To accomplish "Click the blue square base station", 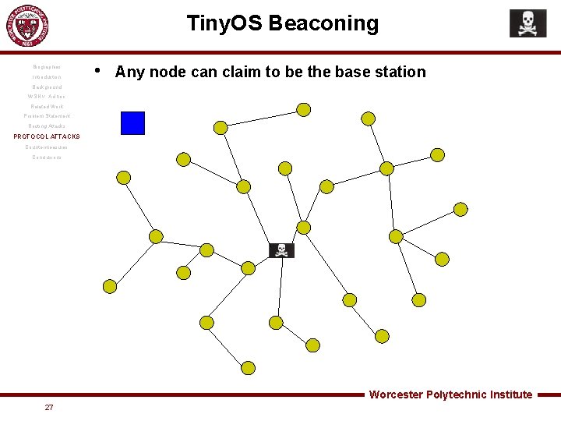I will (x=132, y=123).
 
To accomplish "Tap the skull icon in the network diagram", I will (x=281, y=250).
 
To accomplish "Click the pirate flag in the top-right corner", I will (x=527, y=23).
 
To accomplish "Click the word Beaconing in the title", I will (x=323, y=23).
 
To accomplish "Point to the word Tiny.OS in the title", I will (x=224, y=23).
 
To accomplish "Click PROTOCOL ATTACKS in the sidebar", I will (x=47, y=136).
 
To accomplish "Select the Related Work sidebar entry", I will (x=47, y=106).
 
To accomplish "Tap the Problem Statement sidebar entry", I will (x=47, y=116).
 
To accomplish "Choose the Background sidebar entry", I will (x=47, y=87).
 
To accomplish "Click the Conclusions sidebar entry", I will (x=47, y=157).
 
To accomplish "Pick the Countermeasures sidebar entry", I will (x=47, y=147).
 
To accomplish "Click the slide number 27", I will (x=49, y=407).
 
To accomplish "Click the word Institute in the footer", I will (x=511, y=394).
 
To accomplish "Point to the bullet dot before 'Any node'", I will (x=97, y=70).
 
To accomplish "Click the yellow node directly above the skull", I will (x=304, y=227).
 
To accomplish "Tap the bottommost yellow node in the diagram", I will (x=248, y=368).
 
